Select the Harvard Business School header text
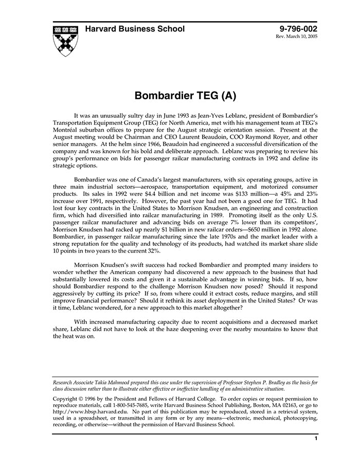135,29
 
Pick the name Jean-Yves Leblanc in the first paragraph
222,117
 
